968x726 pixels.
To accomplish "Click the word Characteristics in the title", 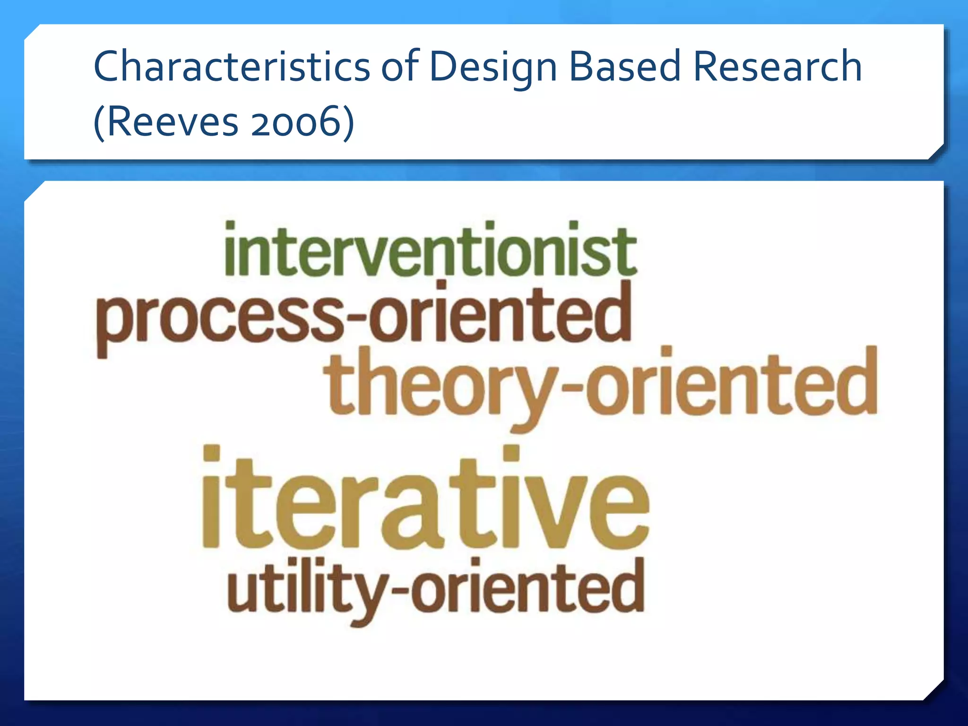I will [232, 67].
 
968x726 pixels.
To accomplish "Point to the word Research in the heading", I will [778, 67].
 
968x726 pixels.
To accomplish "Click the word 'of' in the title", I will [400, 67].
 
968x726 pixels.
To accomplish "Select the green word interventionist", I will [431, 251].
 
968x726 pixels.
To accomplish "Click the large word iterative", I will [425, 501].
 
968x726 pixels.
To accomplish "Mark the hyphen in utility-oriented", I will [399, 590].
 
